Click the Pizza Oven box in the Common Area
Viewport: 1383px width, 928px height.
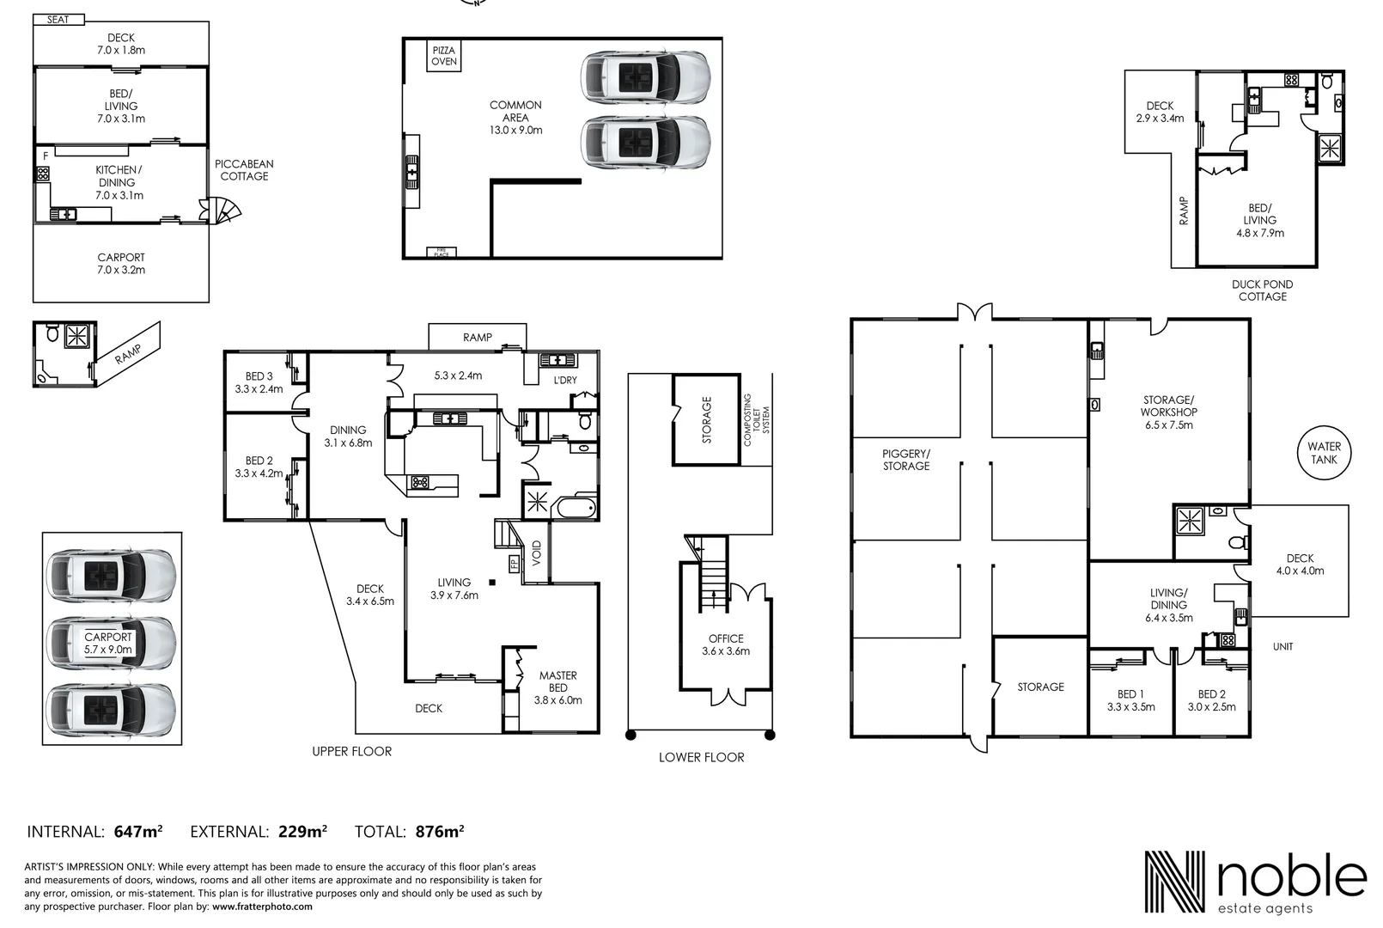(x=444, y=57)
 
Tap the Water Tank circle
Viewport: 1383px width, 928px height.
(x=1323, y=453)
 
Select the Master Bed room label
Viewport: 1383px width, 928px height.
(x=557, y=687)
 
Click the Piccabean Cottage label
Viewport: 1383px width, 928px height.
(x=244, y=170)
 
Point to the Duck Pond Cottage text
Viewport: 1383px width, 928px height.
(x=1262, y=290)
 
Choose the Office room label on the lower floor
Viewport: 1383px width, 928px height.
(x=726, y=644)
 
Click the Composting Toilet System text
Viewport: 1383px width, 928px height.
(x=756, y=420)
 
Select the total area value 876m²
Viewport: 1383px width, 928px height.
(x=439, y=832)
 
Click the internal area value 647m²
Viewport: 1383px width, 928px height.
(x=137, y=832)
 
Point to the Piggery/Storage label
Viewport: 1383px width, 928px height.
(x=905, y=460)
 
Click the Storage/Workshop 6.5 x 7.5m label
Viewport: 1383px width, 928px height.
(x=1168, y=412)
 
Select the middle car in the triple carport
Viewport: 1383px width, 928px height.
(x=112, y=640)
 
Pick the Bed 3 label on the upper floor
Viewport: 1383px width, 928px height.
(x=259, y=382)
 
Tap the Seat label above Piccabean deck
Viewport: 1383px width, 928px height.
(x=58, y=20)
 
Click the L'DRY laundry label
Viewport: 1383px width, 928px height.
(x=564, y=380)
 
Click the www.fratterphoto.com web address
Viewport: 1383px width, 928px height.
(x=262, y=906)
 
